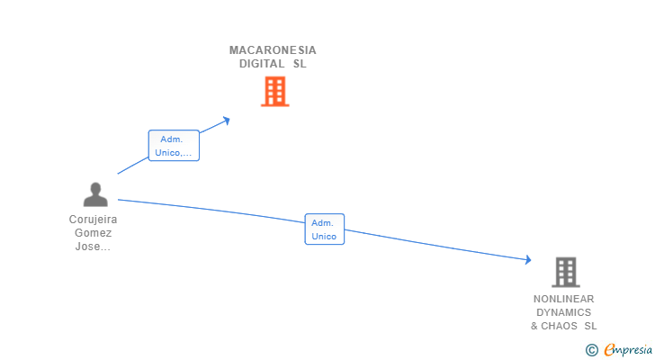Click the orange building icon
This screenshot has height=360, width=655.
click(275, 92)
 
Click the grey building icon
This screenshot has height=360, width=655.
click(566, 273)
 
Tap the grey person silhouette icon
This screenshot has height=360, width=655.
click(95, 194)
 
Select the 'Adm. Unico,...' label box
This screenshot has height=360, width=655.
click(174, 145)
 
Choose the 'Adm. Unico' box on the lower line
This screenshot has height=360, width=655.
click(325, 229)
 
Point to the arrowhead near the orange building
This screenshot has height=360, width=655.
click(227, 121)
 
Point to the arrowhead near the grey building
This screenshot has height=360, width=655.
click(528, 260)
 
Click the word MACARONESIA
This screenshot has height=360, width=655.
click(273, 50)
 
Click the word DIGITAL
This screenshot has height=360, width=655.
click(262, 64)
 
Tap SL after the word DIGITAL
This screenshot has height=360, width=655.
click(300, 64)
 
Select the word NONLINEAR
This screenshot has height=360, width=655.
click(563, 299)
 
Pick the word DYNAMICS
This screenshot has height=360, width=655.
click(563, 312)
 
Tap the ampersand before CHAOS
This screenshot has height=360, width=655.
click(534, 326)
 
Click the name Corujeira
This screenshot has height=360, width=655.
click(94, 220)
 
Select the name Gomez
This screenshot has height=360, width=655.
click(94, 233)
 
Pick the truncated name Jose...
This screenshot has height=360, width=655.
click(93, 247)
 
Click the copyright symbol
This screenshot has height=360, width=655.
click(592, 350)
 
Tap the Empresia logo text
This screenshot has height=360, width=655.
click(628, 350)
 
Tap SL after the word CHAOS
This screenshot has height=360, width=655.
click(590, 326)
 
